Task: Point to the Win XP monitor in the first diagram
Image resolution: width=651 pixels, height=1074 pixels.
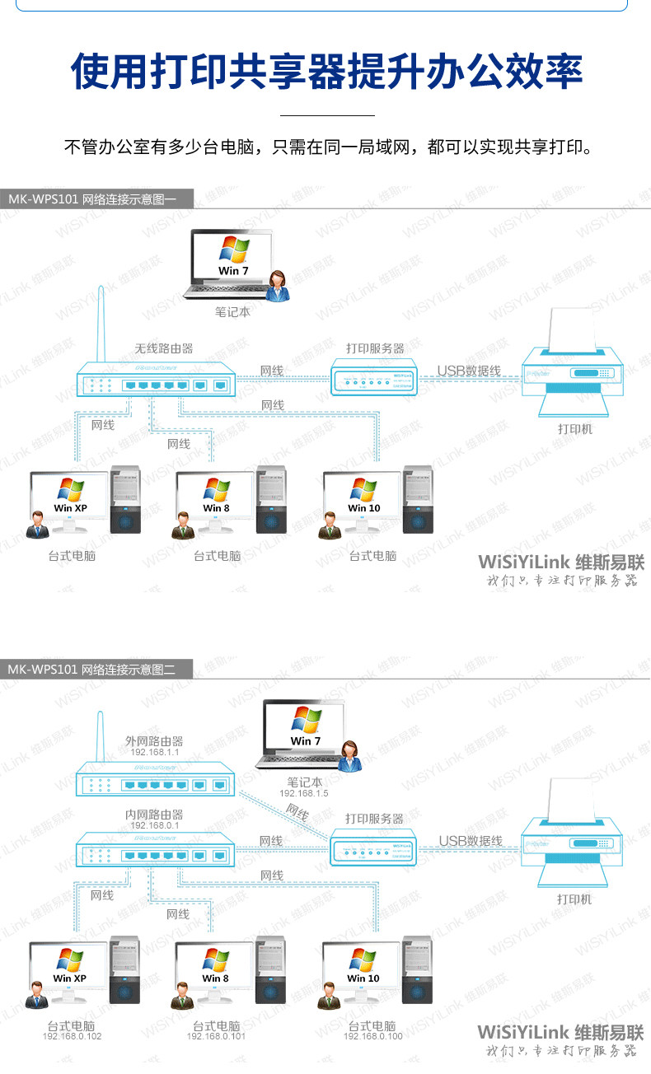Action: (x=70, y=497)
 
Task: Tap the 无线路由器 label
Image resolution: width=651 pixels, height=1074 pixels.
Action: (x=164, y=348)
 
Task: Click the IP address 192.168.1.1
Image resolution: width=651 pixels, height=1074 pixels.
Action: (x=154, y=752)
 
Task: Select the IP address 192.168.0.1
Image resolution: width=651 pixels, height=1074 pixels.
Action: (x=154, y=825)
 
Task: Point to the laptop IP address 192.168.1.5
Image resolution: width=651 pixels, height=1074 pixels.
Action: (x=303, y=793)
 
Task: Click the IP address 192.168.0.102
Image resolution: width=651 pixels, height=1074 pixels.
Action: (x=72, y=1036)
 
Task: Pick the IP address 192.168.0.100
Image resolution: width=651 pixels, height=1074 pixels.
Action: (x=372, y=1036)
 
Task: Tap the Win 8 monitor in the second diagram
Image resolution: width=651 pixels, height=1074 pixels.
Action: (x=216, y=967)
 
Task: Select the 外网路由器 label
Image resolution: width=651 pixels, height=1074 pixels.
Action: (x=154, y=740)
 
